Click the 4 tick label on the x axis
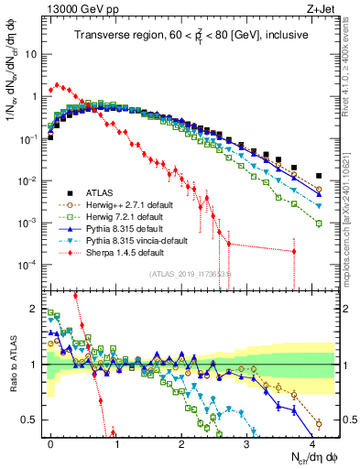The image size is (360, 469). (312, 443)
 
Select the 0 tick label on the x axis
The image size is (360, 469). (51, 443)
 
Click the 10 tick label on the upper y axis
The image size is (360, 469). (31, 54)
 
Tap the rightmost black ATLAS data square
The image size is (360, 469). (319, 175)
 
